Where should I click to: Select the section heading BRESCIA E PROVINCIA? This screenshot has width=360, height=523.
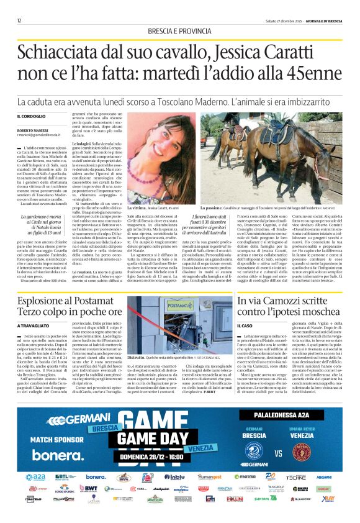[180, 32]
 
